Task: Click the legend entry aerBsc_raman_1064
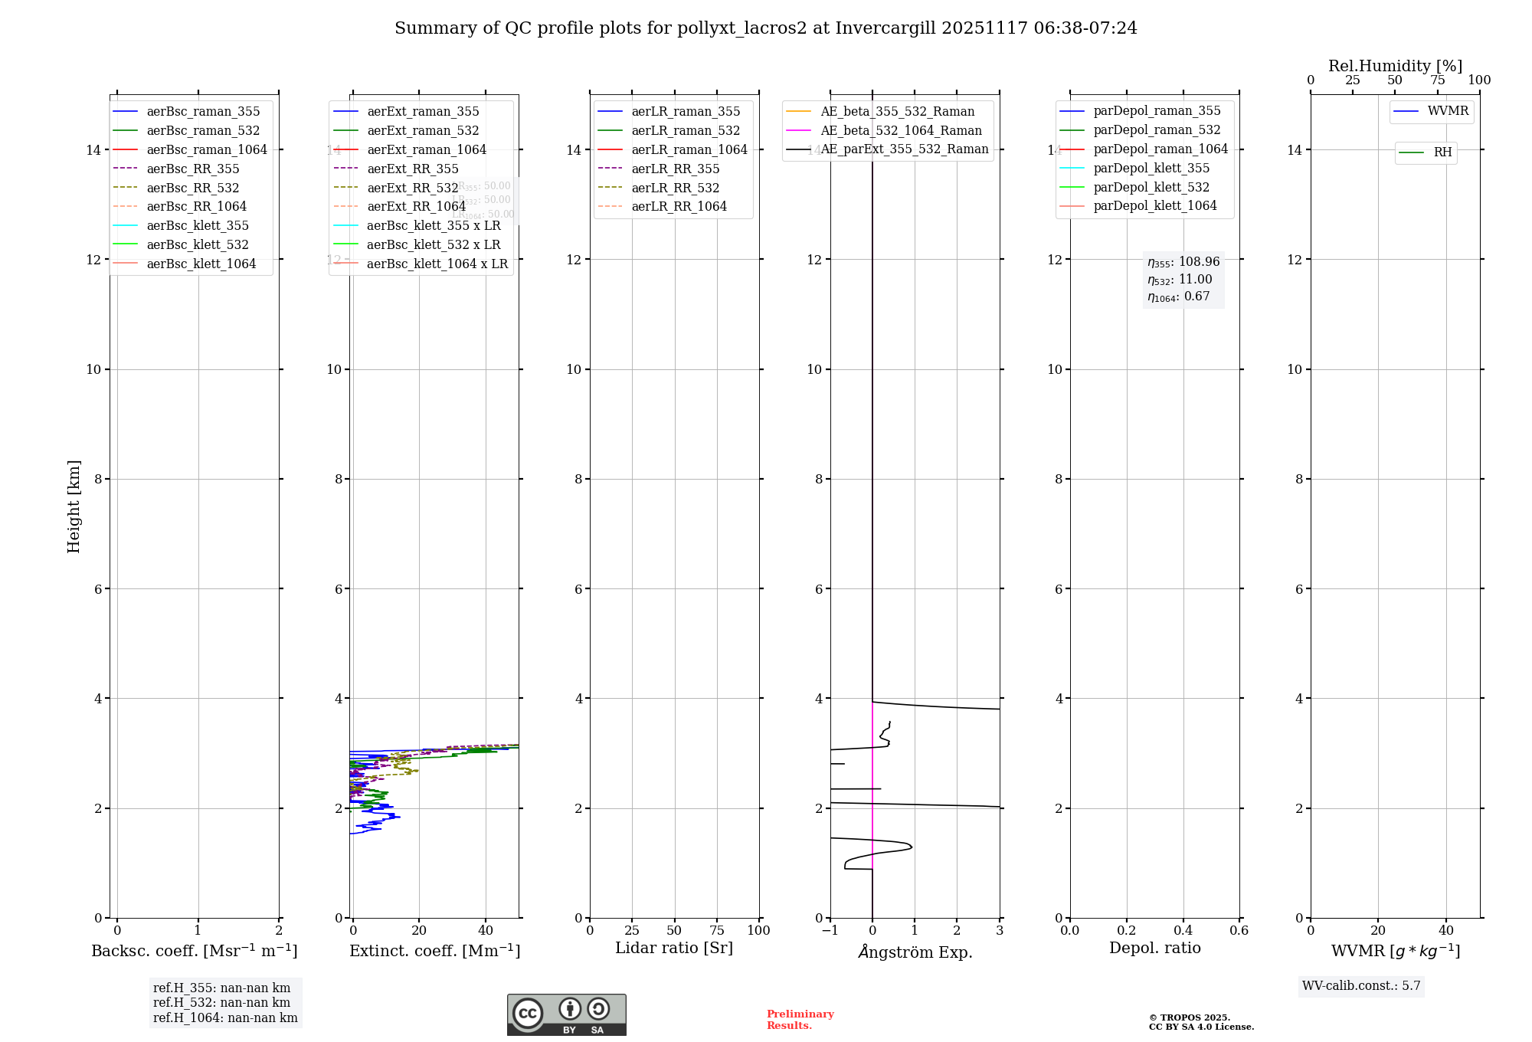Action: [x=207, y=149]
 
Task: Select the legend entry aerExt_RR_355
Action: [x=412, y=169]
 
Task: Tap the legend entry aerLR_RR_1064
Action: [x=679, y=206]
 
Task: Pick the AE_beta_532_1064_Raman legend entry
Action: [x=901, y=130]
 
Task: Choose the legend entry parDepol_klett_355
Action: [x=1151, y=168]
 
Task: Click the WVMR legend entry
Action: [x=1448, y=111]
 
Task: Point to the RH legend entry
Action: [x=1442, y=152]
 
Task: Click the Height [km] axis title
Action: [x=74, y=506]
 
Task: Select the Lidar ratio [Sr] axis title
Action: [x=674, y=948]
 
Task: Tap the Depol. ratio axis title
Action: [x=1154, y=948]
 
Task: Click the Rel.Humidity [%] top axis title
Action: [x=1395, y=66]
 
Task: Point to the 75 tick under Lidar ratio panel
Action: [x=717, y=930]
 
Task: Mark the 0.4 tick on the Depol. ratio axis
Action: [x=1183, y=930]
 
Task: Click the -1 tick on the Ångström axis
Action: [x=830, y=930]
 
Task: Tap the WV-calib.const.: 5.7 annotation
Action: [x=1361, y=986]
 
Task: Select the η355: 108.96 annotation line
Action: [x=1183, y=262]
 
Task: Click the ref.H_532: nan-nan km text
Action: [x=221, y=1003]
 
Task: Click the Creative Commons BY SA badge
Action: [x=566, y=1014]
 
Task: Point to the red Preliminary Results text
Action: [x=800, y=1020]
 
